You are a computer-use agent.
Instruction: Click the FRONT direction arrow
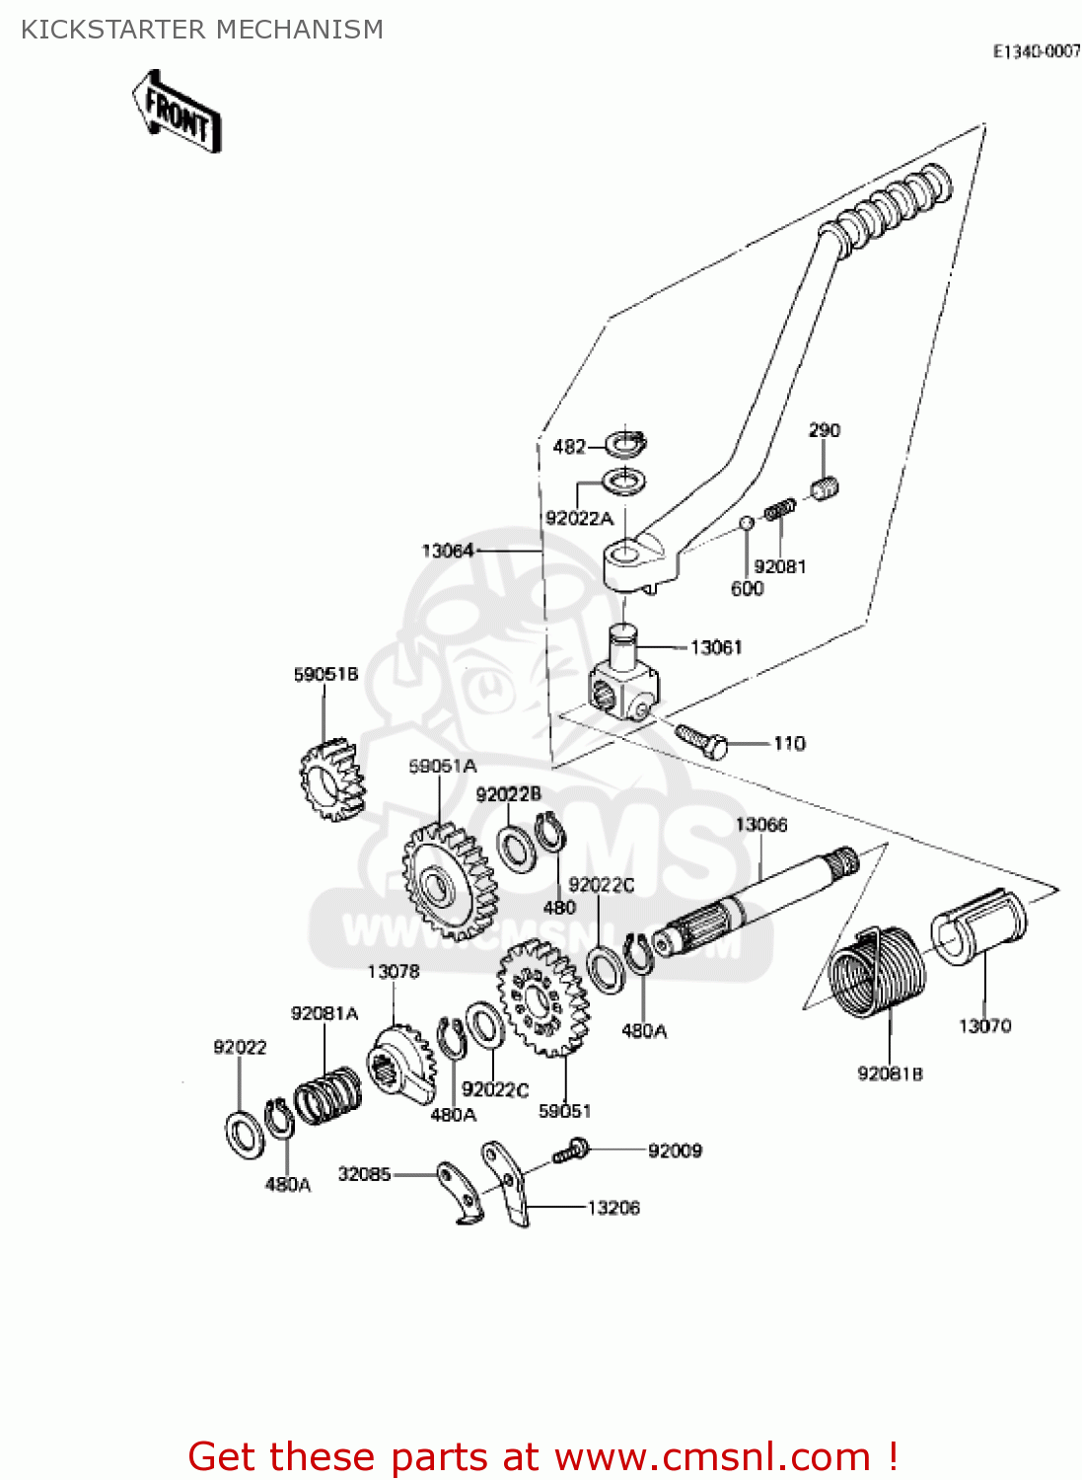tap(178, 111)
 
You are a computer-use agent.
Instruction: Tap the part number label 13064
tap(448, 551)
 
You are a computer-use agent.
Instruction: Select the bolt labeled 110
tap(701, 740)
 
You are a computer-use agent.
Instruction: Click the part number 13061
tap(716, 647)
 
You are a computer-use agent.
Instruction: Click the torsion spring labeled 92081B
tap(876, 970)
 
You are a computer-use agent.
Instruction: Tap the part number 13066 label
tap(761, 825)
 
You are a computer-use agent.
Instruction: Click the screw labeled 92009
tap(570, 1150)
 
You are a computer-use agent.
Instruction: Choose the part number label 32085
tap(364, 1174)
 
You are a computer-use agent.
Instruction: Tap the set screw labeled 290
tap(825, 487)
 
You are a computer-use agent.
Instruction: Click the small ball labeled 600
tap(747, 522)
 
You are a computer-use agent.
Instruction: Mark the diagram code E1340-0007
tap(1037, 52)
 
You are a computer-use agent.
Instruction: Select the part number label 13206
tap(613, 1208)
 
